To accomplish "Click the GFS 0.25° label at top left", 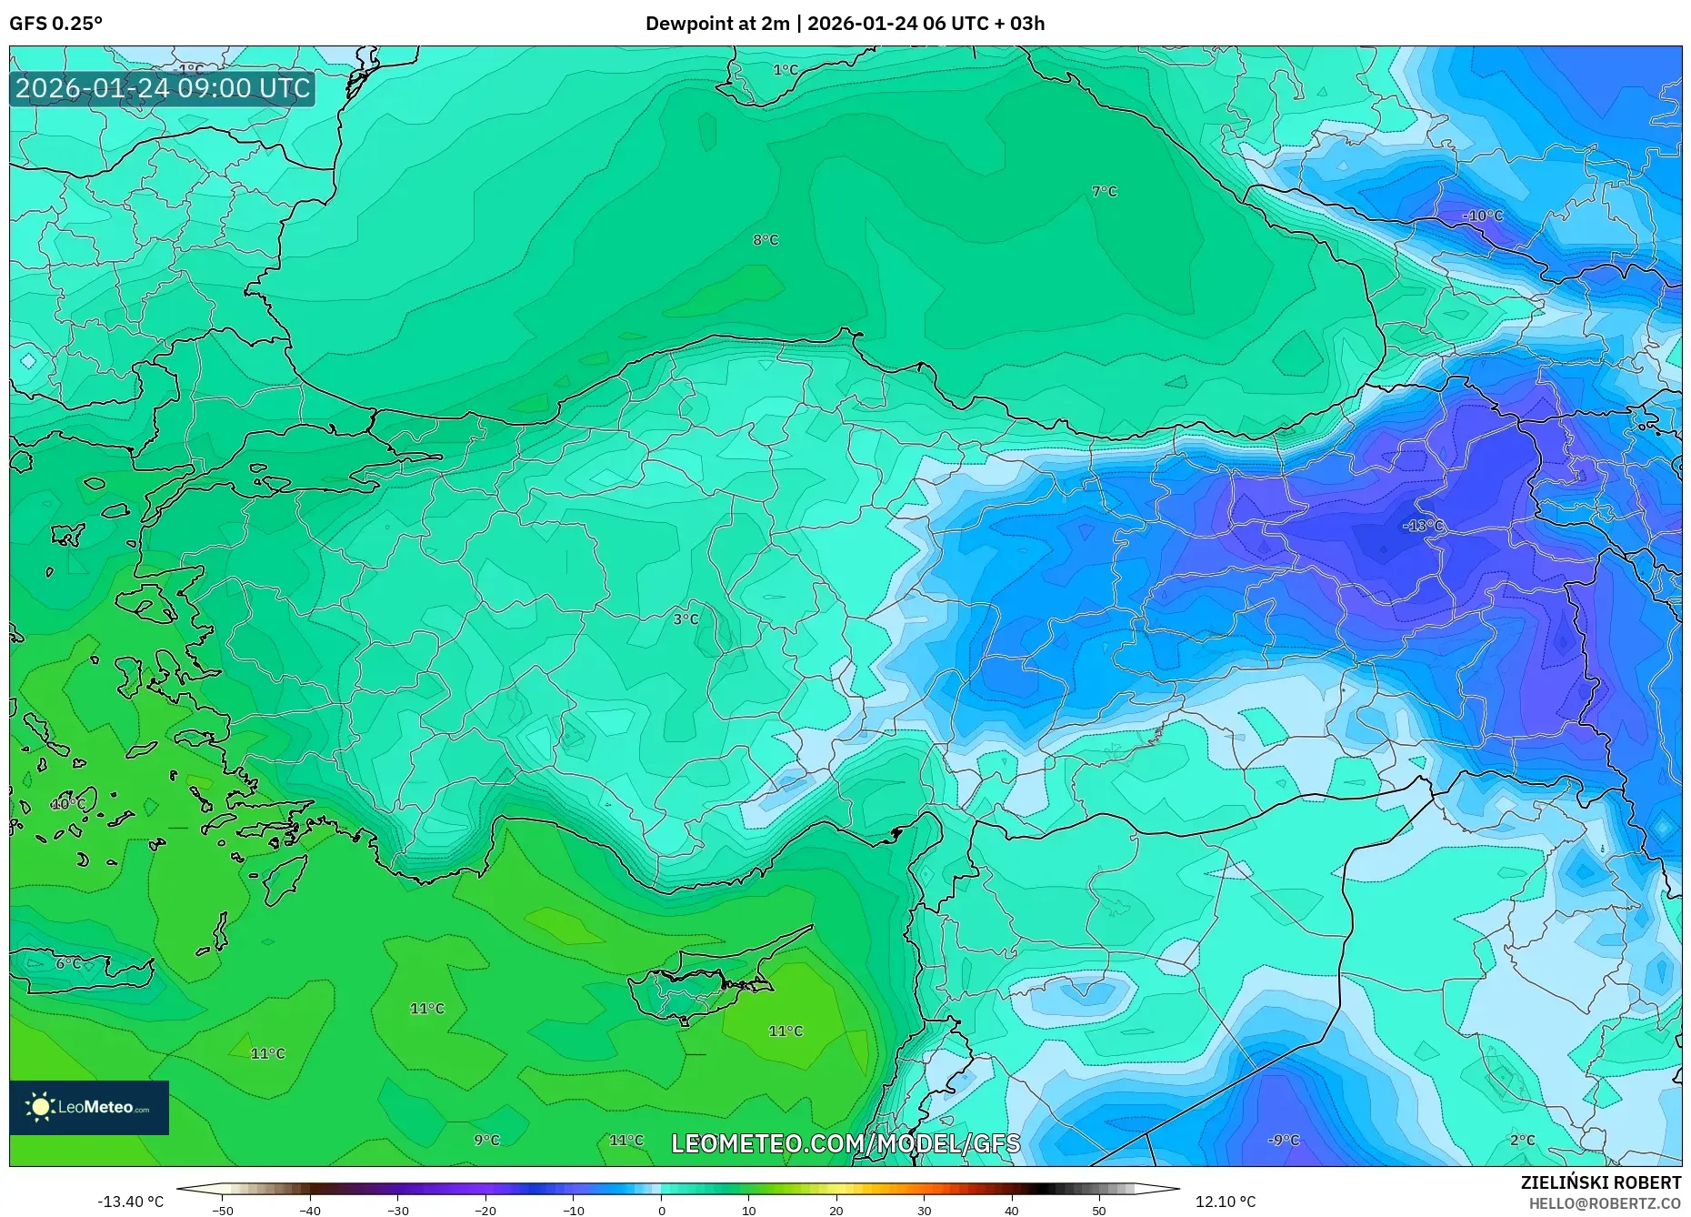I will click(56, 24).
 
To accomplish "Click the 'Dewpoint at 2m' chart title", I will click(717, 24).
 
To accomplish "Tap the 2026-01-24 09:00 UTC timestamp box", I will click(163, 88).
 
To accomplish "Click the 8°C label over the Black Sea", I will click(765, 240).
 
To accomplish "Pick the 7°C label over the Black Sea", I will click(1104, 191).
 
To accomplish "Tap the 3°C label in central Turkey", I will click(685, 619).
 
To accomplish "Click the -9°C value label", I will click(1284, 1140).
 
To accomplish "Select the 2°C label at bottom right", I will click(1522, 1140).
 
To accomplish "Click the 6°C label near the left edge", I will click(68, 963).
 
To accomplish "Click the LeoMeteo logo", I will click(89, 1107).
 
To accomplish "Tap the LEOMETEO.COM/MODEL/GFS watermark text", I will click(845, 1143).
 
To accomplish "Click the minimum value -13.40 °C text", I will click(131, 1202).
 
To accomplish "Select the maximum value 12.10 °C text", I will click(1225, 1202).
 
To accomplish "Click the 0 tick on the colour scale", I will click(661, 1211).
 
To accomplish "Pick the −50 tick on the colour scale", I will click(223, 1211).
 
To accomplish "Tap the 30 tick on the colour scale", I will click(924, 1211).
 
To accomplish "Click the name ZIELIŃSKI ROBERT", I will click(1600, 1182).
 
